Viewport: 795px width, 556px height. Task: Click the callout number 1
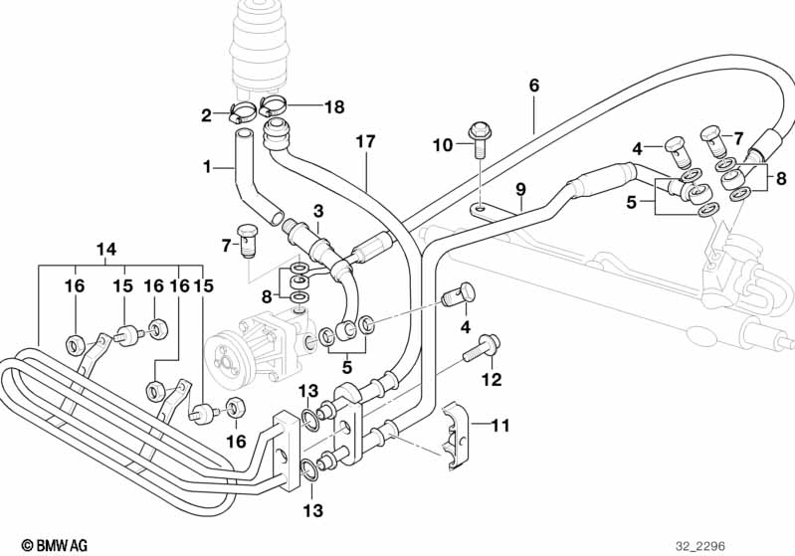[207, 167]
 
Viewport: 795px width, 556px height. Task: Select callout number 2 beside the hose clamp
[207, 115]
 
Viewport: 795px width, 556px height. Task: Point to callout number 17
[365, 142]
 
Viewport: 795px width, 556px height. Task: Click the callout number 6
[533, 86]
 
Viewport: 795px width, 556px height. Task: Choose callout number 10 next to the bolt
[442, 145]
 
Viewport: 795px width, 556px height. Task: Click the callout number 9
[518, 189]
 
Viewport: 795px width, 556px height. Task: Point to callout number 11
[499, 427]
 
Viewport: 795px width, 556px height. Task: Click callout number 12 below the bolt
[492, 379]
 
